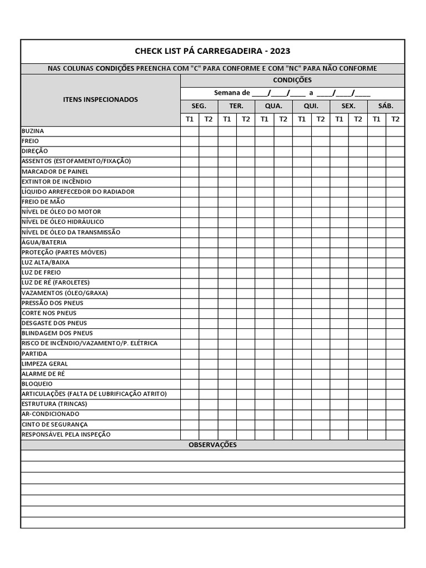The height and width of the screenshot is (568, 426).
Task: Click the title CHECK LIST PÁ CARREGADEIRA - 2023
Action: point(212,51)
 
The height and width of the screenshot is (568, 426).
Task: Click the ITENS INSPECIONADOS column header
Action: point(100,100)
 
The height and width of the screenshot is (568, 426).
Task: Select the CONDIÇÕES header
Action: point(292,80)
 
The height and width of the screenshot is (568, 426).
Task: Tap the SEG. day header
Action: point(199,106)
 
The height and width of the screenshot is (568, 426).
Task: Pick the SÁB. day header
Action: point(386,106)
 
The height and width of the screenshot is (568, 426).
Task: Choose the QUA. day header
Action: point(273,106)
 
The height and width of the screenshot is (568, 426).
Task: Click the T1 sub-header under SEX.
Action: point(339,119)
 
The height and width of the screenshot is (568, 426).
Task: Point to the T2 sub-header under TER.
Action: point(246,119)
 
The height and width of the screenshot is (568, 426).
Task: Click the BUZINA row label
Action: point(33,131)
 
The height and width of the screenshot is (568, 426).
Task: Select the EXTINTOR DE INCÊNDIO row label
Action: point(57,181)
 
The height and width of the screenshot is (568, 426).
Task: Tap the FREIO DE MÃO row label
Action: point(43,201)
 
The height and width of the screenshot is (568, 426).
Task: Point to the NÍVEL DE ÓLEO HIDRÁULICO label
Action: point(63,222)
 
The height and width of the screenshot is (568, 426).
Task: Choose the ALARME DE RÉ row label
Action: point(43,374)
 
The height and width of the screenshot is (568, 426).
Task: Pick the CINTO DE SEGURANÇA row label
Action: point(54,424)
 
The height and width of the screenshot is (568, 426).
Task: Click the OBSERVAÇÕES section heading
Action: point(212,445)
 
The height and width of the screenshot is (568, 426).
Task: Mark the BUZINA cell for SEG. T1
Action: point(190,131)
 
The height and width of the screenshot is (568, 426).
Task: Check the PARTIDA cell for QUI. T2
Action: point(320,353)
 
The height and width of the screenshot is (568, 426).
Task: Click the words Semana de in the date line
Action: point(232,93)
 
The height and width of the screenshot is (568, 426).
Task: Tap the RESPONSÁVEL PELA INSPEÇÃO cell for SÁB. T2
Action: point(395,434)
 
